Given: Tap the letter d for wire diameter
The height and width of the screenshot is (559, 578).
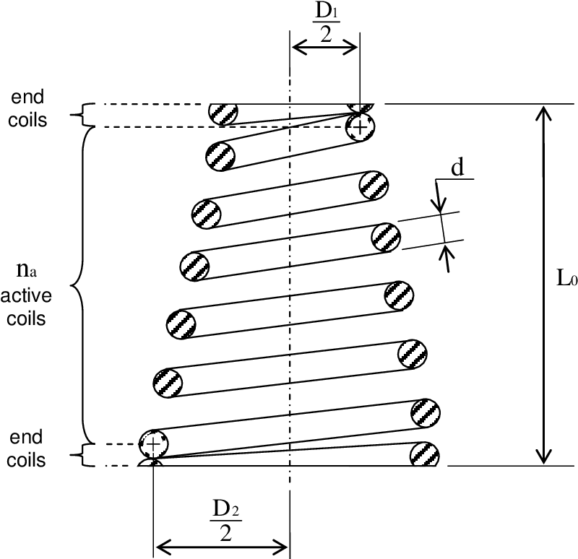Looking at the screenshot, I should (x=457, y=168).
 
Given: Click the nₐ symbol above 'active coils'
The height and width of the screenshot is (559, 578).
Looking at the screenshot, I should (x=24, y=272).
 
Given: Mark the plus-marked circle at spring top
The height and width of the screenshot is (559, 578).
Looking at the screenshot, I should (x=359, y=127).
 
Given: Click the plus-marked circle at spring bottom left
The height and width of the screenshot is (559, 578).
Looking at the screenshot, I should (x=152, y=442).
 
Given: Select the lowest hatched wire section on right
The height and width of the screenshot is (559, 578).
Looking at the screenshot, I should (x=424, y=454).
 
